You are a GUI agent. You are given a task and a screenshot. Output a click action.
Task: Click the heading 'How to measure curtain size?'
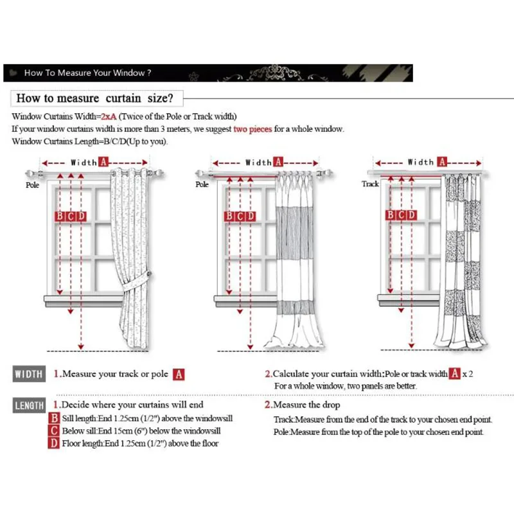click(x=94, y=98)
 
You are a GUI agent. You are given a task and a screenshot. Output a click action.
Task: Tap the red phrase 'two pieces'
click(x=253, y=128)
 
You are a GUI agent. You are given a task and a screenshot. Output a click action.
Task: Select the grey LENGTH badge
click(x=29, y=405)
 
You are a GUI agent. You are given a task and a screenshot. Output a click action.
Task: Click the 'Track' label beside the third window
click(x=370, y=184)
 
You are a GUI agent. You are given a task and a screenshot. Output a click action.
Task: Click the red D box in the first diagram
click(x=81, y=216)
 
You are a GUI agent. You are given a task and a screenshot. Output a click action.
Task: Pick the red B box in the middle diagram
click(x=229, y=216)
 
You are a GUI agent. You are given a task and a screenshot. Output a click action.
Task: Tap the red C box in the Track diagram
click(x=400, y=215)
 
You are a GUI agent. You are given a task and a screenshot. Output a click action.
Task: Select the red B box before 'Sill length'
click(x=55, y=418)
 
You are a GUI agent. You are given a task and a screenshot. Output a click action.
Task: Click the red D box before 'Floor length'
click(x=55, y=443)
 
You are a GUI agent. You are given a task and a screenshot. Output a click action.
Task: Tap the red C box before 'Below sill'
click(x=55, y=430)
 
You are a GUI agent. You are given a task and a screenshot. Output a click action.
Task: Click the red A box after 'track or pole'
click(x=179, y=374)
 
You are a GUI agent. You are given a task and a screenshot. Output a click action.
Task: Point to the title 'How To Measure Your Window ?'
click(x=87, y=73)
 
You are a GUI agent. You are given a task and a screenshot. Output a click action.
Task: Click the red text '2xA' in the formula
click(x=108, y=116)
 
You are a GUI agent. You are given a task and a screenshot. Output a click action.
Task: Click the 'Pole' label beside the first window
click(x=32, y=184)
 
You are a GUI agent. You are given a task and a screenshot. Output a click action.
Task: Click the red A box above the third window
click(x=441, y=162)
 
